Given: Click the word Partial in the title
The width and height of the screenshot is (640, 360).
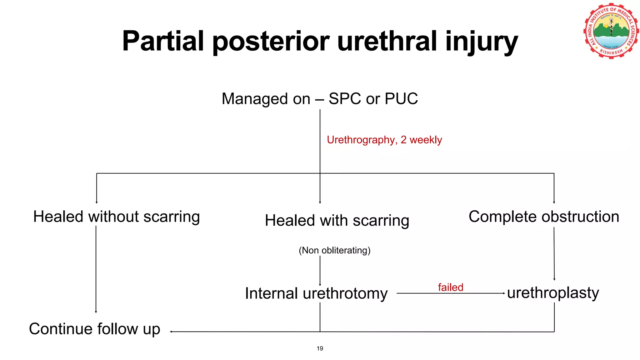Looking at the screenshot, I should point(163,41).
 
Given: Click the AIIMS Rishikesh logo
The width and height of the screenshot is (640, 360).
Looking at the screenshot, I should point(611,31).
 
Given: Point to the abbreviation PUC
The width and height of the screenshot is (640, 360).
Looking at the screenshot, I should point(401,99).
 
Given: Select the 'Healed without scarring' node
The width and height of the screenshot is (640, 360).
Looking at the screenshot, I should point(117,217).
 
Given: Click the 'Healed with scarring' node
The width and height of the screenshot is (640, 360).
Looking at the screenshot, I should point(337,220).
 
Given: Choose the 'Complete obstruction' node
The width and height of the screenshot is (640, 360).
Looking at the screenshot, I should point(544,217).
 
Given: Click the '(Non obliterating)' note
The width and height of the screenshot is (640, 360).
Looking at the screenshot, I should point(334,250).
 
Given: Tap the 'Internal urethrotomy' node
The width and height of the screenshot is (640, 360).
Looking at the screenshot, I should point(316,293).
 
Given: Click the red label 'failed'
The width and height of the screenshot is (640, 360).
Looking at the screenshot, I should point(450,287).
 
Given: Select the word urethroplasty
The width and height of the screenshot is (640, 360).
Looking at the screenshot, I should point(553,293).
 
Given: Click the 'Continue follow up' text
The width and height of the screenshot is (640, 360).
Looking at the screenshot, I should point(94,329).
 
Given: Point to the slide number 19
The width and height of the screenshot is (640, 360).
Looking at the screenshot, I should point(320,348).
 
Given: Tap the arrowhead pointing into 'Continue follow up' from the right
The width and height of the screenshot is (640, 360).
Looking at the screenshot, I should point(172,332).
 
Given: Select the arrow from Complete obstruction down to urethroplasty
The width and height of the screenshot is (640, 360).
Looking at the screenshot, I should point(554,253).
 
